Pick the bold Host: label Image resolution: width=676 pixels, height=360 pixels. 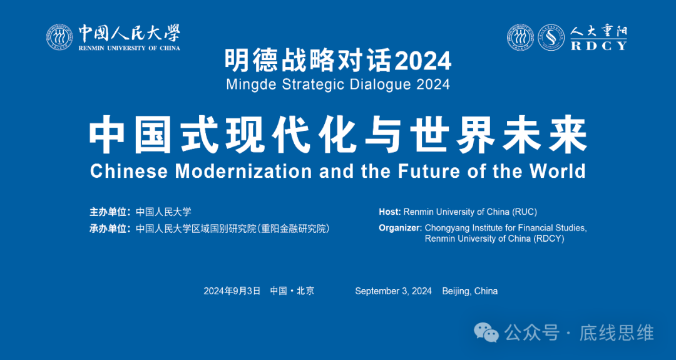pyautogui.click(x=389, y=212)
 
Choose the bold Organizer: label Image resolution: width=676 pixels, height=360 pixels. pyautogui.click(x=400, y=228)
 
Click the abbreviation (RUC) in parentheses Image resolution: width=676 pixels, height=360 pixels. pyautogui.click(x=524, y=212)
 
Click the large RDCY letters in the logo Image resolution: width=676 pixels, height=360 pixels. pyautogui.click(x=598, y=45)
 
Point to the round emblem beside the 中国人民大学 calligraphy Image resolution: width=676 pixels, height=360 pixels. pyautogui.click(x=59, y=38)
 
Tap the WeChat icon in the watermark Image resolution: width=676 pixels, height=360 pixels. pyautogui.click(x=486, y=332)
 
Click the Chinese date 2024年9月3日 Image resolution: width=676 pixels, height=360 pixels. pyautogui.click(x=232, y=291)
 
